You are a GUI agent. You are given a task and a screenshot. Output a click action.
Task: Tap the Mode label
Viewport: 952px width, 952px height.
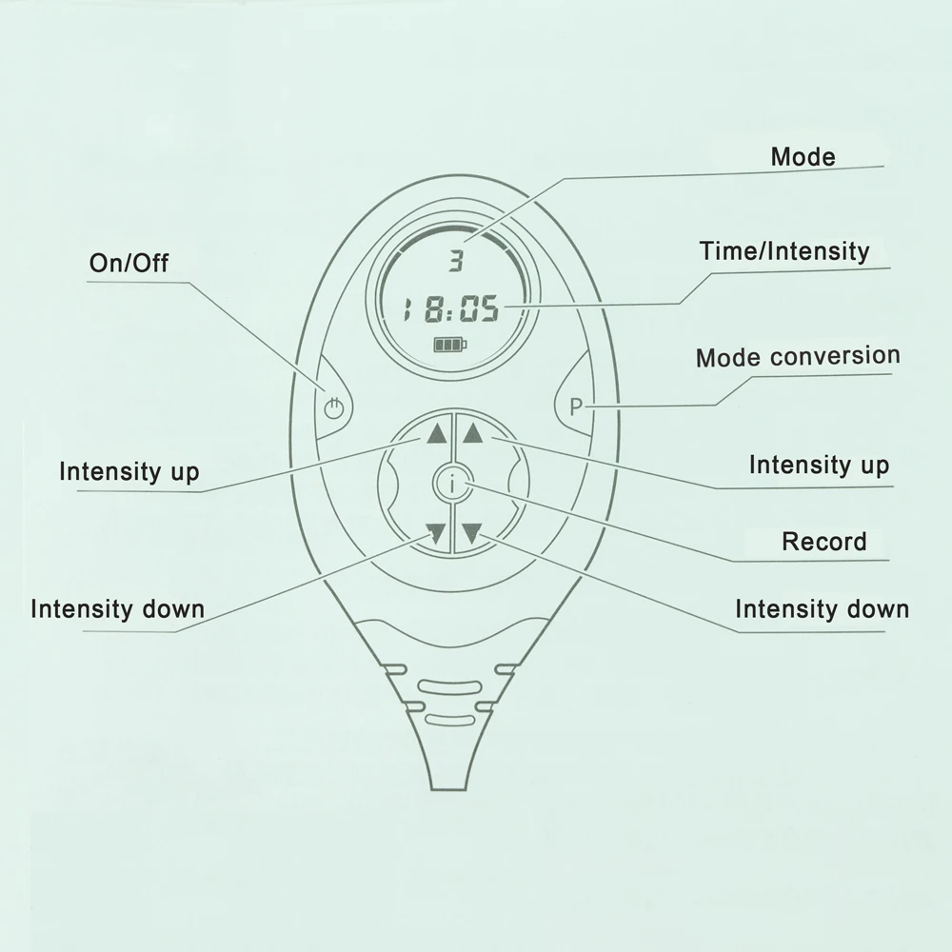pos(803,157)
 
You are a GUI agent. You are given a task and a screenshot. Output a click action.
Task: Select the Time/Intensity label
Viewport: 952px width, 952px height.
pos(784,251)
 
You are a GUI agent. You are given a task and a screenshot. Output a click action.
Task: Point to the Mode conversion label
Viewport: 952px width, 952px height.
pos(797,357)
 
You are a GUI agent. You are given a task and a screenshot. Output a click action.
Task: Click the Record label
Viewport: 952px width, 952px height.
pos(823,543)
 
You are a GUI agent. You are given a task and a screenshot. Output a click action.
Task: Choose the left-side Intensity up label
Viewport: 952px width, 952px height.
pos(129,471)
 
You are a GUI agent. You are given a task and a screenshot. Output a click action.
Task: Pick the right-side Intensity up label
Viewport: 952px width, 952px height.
pos(819,466)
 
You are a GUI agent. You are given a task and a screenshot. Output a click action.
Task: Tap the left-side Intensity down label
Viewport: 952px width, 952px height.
pos(117,609)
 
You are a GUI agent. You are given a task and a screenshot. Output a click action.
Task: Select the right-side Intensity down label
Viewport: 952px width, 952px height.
pos(822,609)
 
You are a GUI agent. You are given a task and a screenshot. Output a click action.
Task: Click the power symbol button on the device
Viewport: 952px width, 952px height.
pos(332,410)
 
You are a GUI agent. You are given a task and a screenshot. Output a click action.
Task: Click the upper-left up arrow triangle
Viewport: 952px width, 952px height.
pos(436,435)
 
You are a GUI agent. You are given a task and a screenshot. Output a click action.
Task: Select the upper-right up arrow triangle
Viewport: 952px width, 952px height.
pos(472,435)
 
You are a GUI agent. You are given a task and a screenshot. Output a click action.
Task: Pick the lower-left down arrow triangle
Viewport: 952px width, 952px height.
pos(436,534)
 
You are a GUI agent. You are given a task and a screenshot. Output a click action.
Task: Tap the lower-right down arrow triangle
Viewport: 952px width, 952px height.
pos(470,534)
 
